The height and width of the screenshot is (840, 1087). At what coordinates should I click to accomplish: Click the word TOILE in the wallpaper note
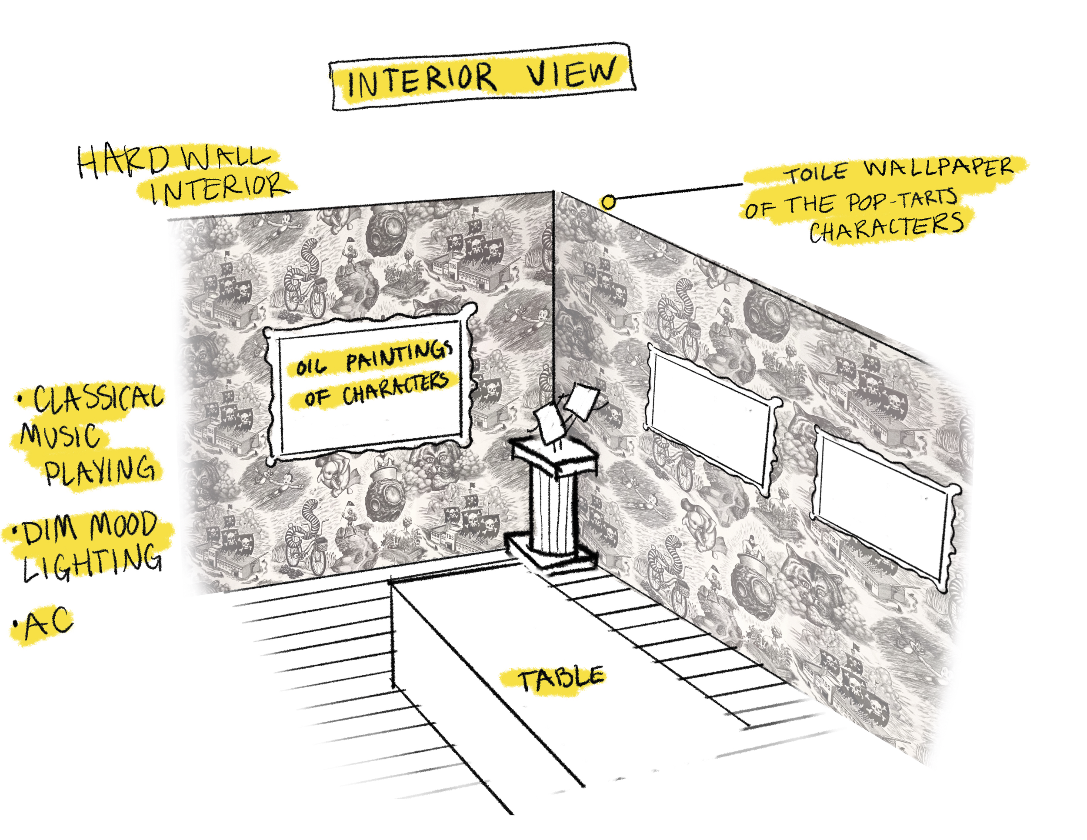coord(816,173)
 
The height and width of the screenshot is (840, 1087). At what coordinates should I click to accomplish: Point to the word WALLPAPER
coord(939,167)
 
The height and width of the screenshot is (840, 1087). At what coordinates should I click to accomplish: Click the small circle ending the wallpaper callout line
coord(609,202)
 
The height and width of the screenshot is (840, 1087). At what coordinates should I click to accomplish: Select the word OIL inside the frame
coord(310,367)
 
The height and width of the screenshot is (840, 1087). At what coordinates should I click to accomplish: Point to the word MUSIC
coord(60,435)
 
